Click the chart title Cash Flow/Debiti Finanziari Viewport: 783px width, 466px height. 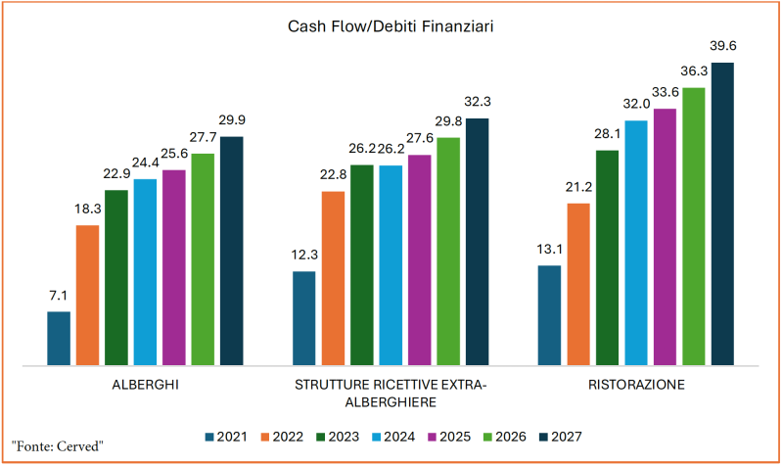(x=390, y=26)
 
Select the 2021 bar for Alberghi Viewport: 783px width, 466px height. (x=59, y=339)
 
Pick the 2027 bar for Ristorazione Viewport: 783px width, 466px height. (x=722, y=214)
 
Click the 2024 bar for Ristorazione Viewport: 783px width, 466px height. (x=636, y=244)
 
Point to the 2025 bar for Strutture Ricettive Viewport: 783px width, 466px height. (x=420, y=260)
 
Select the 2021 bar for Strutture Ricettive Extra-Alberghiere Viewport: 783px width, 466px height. (x=304, y=318)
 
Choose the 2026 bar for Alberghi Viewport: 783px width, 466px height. (x=203, y=259)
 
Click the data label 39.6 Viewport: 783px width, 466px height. (x=722, y=47)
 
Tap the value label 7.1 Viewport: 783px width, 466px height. (x=59, y=296)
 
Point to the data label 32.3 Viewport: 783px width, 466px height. (x=478, y=102)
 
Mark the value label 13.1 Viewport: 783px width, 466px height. (x=549, y=250)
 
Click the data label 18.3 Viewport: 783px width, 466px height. (x=88, y=210)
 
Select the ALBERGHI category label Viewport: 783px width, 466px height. (x=146, y=386)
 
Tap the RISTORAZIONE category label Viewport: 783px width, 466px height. (x=636, y=386)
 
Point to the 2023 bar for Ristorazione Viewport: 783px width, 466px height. (x=607, y=258)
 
